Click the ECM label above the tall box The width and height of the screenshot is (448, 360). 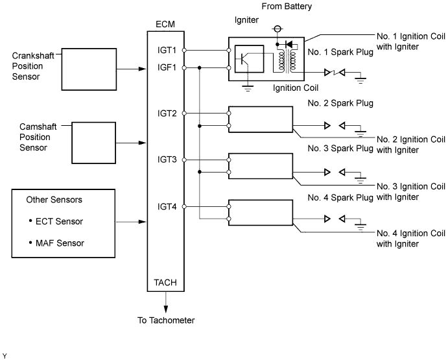[x=165, y=24]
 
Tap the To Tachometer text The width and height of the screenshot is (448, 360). [x=165, y=320]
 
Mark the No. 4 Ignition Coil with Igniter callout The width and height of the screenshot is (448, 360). [x=408, y=238]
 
